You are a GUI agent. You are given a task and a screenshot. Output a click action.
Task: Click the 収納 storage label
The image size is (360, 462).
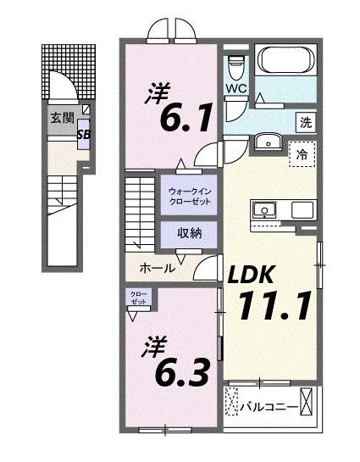pyautogui.click(x=188, y=233)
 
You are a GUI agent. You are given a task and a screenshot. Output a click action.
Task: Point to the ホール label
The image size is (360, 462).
pyautogui.click(x=157, y=267)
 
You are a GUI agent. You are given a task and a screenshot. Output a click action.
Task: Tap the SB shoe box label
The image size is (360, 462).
pyautogui.click(x=85, y=134)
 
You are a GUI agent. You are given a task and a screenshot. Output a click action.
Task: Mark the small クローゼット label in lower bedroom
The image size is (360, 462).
pyautogui.click(x=137, y=298)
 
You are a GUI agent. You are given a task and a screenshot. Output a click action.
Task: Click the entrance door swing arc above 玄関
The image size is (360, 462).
pyautogui.click(x=61, y=85)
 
